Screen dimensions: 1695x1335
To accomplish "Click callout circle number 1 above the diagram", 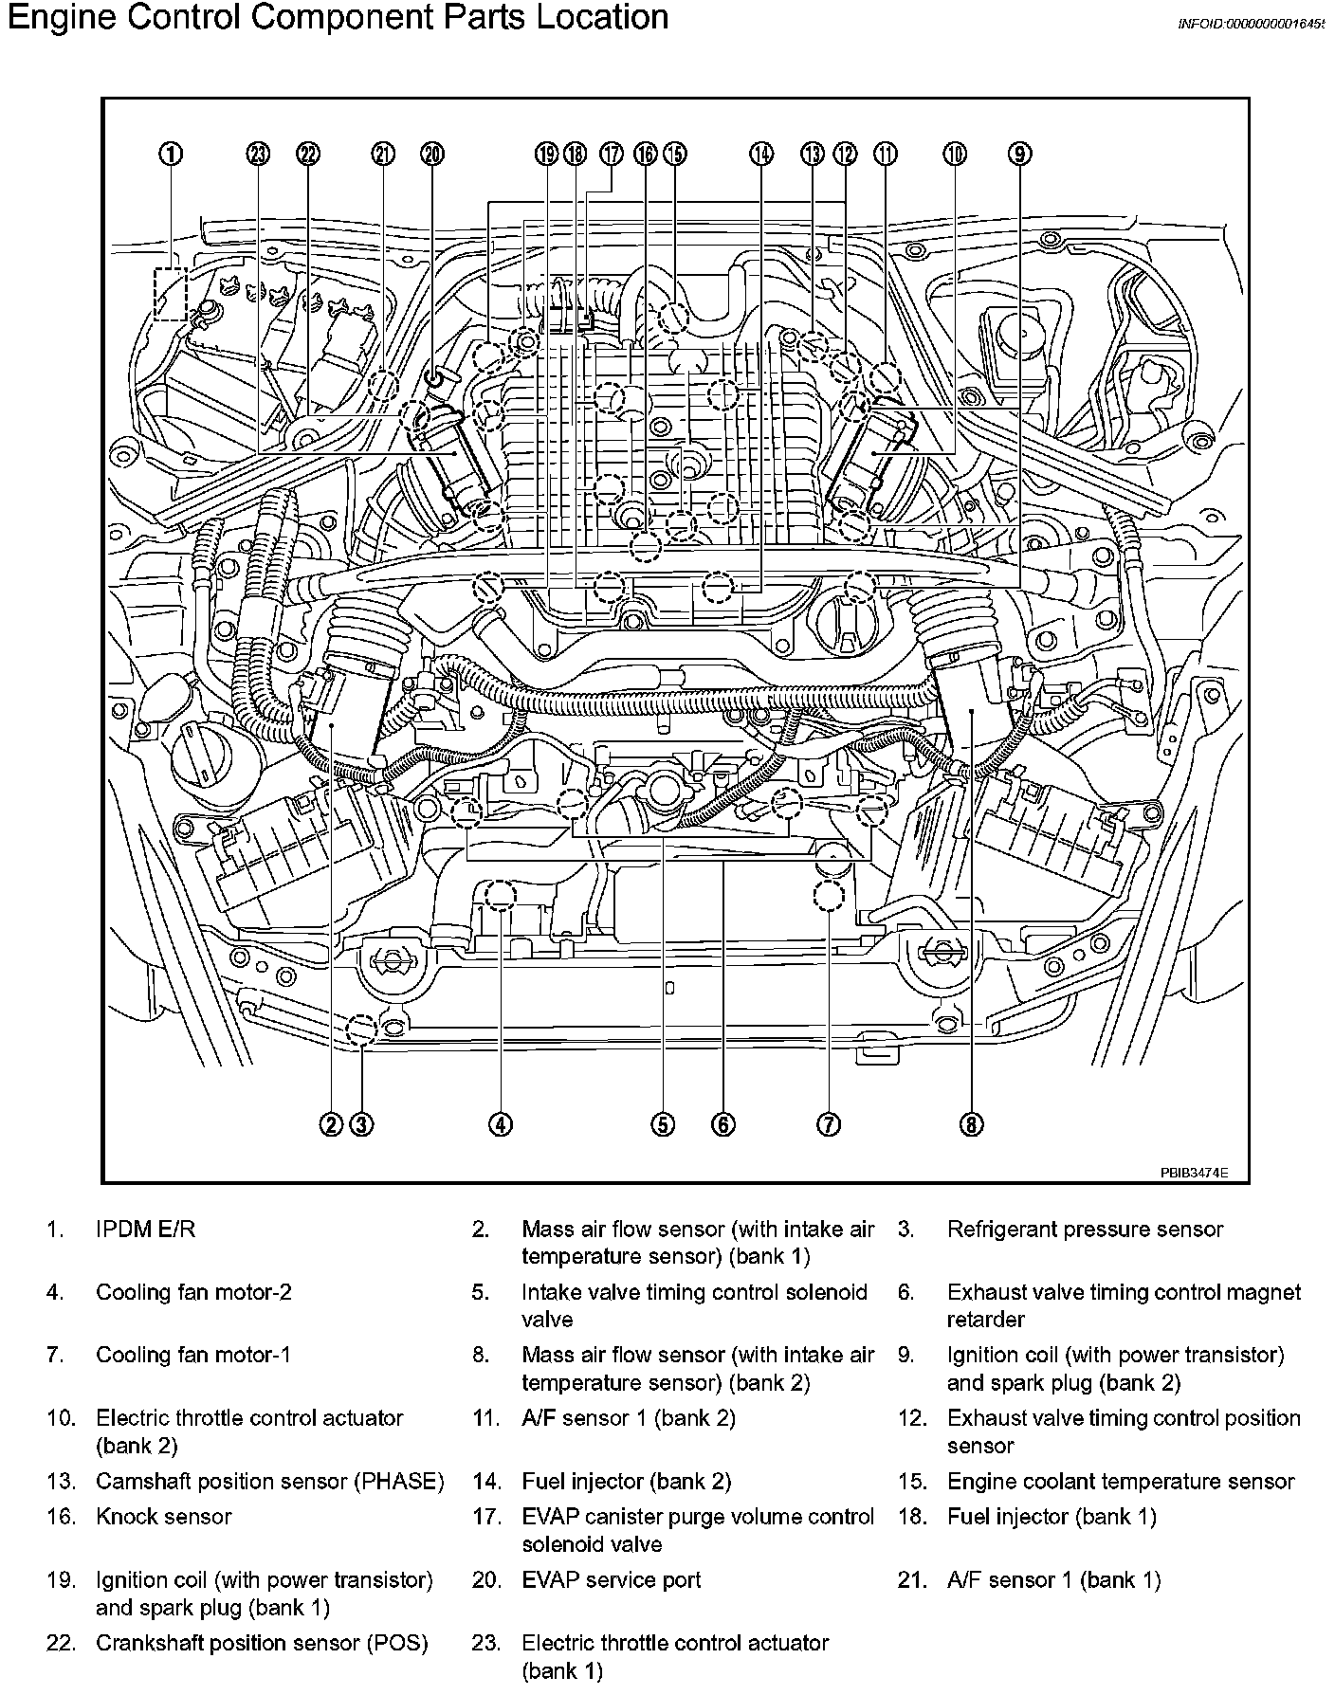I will (171, 154).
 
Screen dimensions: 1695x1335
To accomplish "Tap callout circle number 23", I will (258, 154).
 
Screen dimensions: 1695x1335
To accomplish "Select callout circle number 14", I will (761, 154).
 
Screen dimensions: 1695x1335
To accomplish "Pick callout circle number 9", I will (1019, 154).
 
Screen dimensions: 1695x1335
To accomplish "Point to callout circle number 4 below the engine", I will (501, 1124).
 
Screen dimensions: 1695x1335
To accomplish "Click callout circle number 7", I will (828, 1124).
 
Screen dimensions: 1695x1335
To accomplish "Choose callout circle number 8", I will (972, 1124).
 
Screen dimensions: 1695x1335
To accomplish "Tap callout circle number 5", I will (663, 1124).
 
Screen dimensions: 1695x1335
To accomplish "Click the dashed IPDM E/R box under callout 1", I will (171, 292).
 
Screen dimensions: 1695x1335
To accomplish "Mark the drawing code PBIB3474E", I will (1194, 1172).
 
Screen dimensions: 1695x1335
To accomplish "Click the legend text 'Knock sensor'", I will (163, 1517).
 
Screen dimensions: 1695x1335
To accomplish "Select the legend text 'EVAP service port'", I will (612, 1580).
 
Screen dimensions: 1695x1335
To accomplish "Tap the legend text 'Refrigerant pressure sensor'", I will (1085, 1230).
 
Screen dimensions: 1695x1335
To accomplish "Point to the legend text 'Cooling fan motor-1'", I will (193, 1355).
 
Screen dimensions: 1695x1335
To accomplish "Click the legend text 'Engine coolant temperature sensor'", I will (1120, 1482).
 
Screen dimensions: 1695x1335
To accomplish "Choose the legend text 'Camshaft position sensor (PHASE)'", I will (269, 1482).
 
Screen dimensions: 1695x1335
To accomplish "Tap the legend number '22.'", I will (61, 1643).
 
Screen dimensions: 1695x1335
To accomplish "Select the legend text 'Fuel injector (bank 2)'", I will (626, 1482).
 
